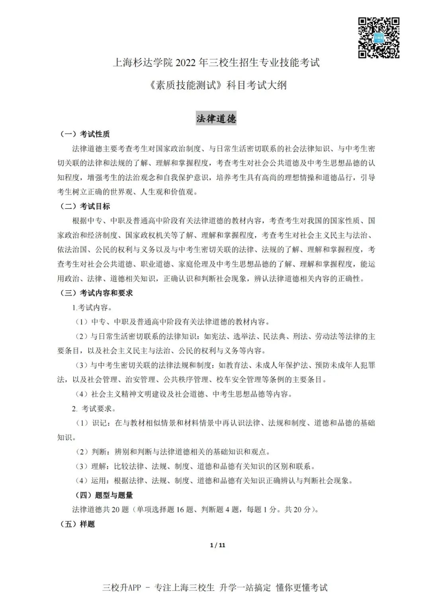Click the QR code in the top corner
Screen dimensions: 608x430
pyautogui.click(x=379, y=38)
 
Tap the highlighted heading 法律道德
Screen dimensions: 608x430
pyautogui.click(x=216, y=119)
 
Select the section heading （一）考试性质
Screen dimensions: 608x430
pyautogui.click(x=84, y=134)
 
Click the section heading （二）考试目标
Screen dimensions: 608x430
pyautogui.click(x=84, y=206)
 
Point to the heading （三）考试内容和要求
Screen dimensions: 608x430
pyautogui.click(x=96, y=293)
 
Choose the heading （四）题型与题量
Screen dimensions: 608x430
pyautogui.click(x=104, y=495)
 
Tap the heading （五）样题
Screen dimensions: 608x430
pyautogui.click(x=77, y=524)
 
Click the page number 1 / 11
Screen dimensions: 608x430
pyautogui.click(x=217, y=545)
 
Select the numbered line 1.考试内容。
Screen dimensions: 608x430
pyautogui.click(x=92, y=308)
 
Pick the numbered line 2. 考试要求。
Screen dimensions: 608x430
pyautogui.click(x=94, y=409)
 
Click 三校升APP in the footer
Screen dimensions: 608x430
pyautogui.click(x=122, y=588)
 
